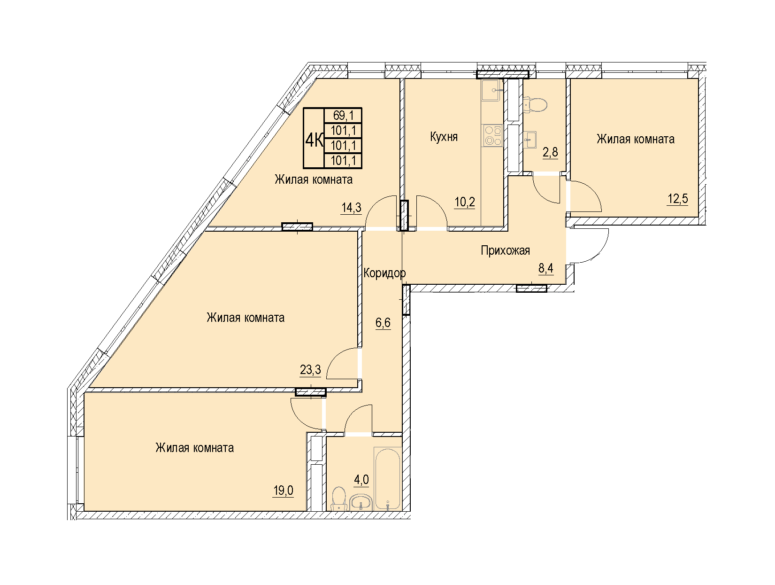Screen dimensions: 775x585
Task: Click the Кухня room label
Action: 444,137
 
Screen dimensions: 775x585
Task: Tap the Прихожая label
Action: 505,251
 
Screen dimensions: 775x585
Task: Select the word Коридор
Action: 384,273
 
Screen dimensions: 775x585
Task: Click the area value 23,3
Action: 310,370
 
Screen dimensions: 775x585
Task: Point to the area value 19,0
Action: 283,491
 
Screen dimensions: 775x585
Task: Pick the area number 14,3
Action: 351,208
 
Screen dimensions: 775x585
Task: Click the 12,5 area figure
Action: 677,199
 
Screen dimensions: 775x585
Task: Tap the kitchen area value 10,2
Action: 465,203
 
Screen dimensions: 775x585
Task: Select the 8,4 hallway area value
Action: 546,268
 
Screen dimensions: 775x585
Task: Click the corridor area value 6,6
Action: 383,323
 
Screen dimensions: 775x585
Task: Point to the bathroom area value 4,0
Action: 361,480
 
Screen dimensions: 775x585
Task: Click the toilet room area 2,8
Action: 551,152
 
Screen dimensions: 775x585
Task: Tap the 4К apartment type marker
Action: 314,140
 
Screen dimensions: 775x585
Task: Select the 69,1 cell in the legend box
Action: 343,116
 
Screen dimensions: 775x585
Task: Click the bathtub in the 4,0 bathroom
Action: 388,479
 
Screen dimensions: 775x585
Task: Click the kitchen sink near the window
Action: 491,90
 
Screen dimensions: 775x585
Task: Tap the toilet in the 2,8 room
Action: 535,105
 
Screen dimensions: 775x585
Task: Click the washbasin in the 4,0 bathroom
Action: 361,502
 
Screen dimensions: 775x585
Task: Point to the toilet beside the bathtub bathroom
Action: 339,499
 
